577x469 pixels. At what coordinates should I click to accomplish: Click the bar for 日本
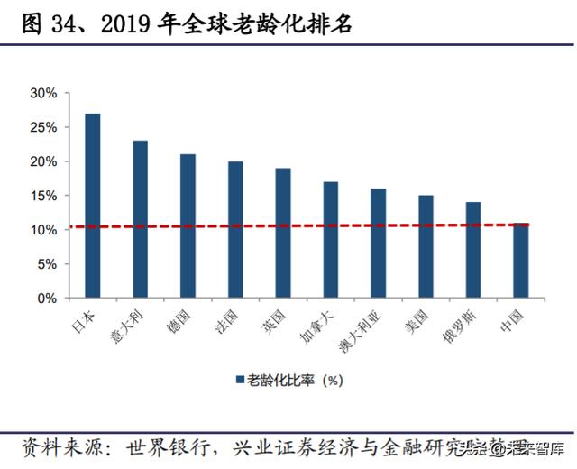pyautogui.click(x=92, y=206)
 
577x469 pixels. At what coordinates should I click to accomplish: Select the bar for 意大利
pyautogui.click(x=140, y=219)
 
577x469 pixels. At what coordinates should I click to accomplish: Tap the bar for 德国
pyautogui.click(x=188, y=225)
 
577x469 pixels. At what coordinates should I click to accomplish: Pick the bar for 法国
pyautogui.click(x=235, y=229)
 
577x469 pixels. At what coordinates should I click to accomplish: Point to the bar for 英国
pyautogui.click(x=283, y=233)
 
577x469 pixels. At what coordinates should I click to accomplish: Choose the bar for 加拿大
pyautogui.click(x=331, y=239)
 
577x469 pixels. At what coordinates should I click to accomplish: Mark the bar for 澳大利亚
pyautogui.click(x=379, y=243)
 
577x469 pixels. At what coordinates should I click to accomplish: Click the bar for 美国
pyautogui.click(x=426, y=246)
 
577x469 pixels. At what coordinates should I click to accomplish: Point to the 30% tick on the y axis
pyautogui.click(x=43, y=93)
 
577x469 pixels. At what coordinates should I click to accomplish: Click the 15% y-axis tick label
pyautogui.click(x=43, y=196)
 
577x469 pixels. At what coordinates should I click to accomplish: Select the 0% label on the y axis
pyautogui.click(x=47, y=298)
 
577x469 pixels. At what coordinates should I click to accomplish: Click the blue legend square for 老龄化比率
pyautogui.click(x=240, y=380)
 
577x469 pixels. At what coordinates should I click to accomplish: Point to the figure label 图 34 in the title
pyautogui.click(x=43, y=26)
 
